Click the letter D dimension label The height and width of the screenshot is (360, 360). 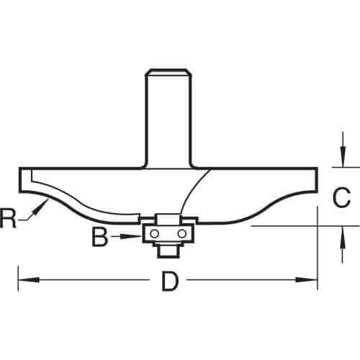click(x=171, y=281)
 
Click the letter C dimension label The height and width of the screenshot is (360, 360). click(x=341, y=197)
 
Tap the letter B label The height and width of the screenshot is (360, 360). click(x=100, y=236)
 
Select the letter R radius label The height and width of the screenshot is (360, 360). click(x=8, y=218)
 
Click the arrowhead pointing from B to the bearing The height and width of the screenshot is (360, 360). click(x=127, y=236)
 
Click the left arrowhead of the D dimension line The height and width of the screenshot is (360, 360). click(x=29, y=279)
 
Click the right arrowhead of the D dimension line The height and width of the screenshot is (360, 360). click(x=306, y=279)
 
